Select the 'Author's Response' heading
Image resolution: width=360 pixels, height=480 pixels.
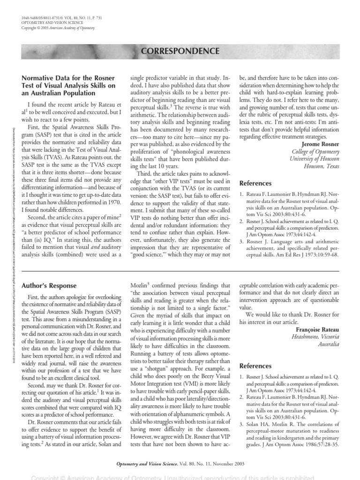(49, 285)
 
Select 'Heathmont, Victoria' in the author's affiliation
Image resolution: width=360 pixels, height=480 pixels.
(315, 337)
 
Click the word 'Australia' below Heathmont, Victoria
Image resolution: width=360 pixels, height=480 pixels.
(327, 345)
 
